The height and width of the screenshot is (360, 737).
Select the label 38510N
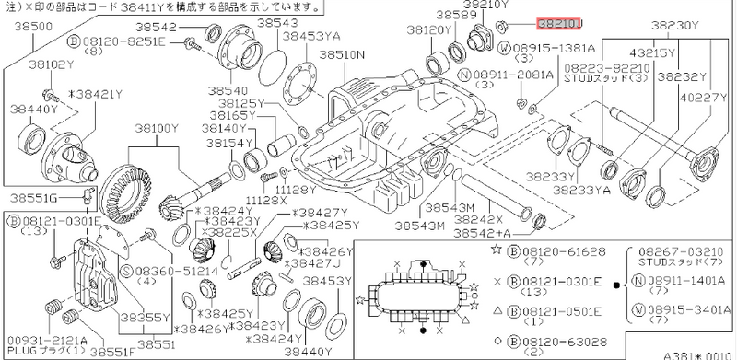[343, 55]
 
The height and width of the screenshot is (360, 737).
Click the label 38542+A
[486, 236]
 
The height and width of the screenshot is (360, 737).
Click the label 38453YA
[311, 36]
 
